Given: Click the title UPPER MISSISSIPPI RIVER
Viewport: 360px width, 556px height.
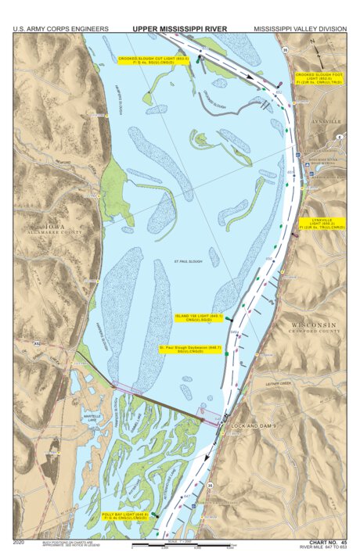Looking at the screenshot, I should coord(179,29).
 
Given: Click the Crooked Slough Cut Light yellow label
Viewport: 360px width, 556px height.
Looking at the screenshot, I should coord(154,60).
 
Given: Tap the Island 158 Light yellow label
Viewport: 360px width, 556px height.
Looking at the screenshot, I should coord(199,317).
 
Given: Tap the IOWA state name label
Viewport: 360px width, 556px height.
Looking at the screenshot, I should coord(56,228).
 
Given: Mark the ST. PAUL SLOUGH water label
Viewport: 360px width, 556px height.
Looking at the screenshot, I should coord(188,261).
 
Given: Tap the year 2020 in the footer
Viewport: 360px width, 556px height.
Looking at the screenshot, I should coord(20,541).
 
